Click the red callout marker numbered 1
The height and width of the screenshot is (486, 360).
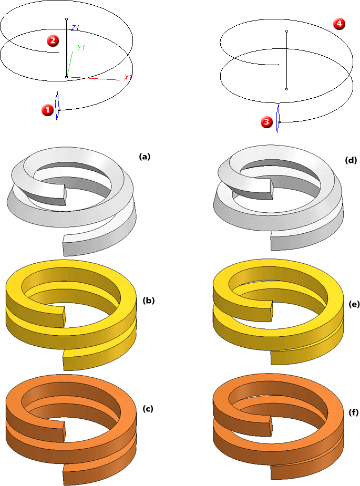pyautogui.click(x=47, y=110)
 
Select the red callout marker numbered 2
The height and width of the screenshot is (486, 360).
pyautogui.click(x=52, y=40)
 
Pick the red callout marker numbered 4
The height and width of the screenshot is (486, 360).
pyautogui.click(x=339, y=24)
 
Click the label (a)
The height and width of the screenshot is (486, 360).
pyautogui.click(x=145, y=156)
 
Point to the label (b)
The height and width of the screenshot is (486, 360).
pyautogui.click(x=149, y=301)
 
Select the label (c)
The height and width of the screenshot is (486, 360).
pyautogui.click(x=149, y=408)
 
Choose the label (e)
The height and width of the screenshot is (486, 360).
pyautogui.click(x=353, y=304)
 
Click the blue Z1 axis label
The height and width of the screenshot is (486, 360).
pyautogui.click(x=75, y=27)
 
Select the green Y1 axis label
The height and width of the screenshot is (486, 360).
pyautogui.click(x=81, y=48)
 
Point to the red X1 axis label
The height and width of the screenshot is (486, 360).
pyautogui.click(x=128, y=78)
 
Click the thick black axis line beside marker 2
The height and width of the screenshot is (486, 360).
pyautogui.click(x=67, y=53)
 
